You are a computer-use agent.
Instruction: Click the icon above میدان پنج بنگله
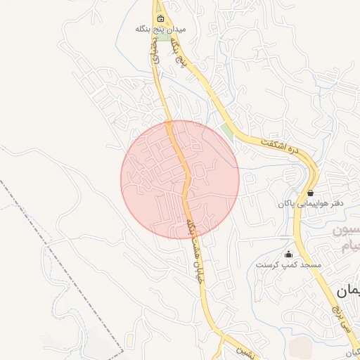coord(161,19)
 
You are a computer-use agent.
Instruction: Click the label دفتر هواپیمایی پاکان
coord(311,203)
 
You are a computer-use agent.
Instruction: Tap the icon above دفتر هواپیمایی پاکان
coord(310,193)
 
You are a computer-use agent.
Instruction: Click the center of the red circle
coord(180,179)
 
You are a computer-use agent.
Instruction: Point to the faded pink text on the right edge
coord(347,239)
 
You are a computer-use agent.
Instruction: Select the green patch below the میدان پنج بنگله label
coord(163,37)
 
